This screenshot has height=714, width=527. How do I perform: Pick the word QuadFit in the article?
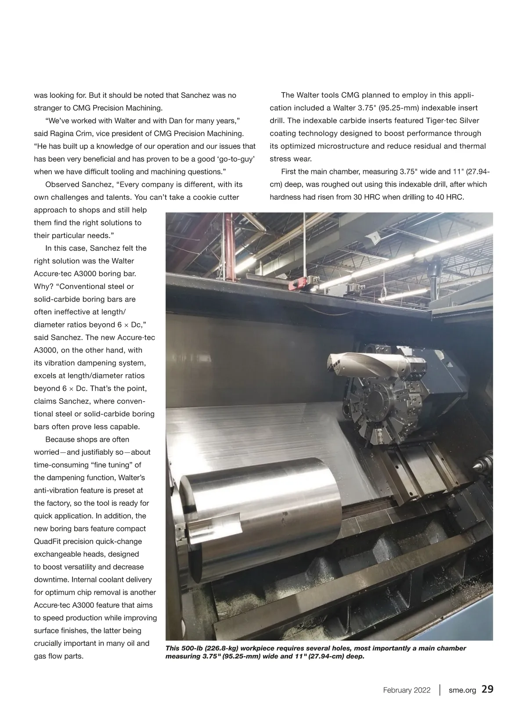pyautogui.click(x=49, y=541)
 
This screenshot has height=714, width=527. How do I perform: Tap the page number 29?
pyautogui.click(x=487, y=689)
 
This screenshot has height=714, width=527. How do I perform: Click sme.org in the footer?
pyautogui.click(x=462, y=690)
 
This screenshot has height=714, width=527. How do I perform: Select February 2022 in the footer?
pyautogui.click(x=407, y=690)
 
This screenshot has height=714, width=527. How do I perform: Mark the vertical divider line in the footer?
pyautogui.click(x=440, y=690)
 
